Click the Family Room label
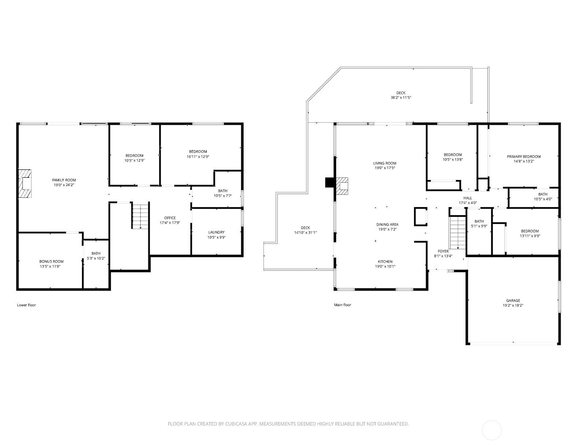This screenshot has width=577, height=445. tap(64, 180)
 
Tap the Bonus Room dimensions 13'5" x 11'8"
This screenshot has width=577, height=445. tap(50, 266)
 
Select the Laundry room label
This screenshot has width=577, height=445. tap(216, 232)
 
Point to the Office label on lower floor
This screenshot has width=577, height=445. tap(170, 218)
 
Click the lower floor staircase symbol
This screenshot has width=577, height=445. tap(140, 215)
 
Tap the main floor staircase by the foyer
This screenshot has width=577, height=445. tap(458, 233)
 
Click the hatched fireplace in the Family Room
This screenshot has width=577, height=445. tap(25, 183)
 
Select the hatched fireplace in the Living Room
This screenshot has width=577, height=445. tap(342, 186)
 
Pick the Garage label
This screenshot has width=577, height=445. tap(513, 301)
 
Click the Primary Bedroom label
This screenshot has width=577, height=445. tap(524, 156)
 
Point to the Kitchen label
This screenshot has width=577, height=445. tap(385, 261)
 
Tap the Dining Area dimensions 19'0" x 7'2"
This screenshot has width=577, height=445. tap(387, 229)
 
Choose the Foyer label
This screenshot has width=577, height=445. tap(443, 251)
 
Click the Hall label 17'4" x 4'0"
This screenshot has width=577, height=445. tap(468, 200)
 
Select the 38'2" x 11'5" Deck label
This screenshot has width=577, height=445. tap(401, 95)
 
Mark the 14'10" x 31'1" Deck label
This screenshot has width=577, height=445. tap(305, 230)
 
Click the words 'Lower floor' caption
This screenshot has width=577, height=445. tap(26, 305)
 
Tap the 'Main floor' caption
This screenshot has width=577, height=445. tap(343, 305)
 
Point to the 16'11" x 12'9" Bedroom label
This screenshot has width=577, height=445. tap(198, 154)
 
